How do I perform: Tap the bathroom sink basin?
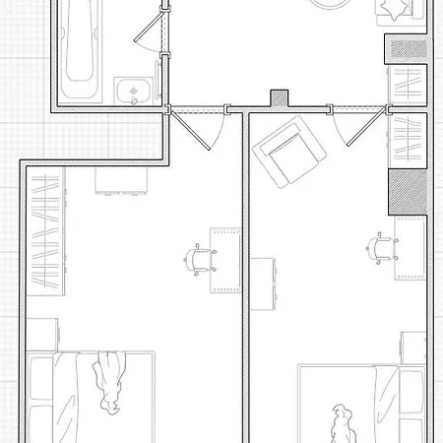pos(129,92)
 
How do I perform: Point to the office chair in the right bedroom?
pos(381,249)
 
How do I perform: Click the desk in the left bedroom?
pos(227,261)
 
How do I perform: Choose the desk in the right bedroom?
pos(410,247)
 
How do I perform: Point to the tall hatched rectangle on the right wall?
pos(406,191)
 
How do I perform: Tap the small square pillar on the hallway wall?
pos(280,98)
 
